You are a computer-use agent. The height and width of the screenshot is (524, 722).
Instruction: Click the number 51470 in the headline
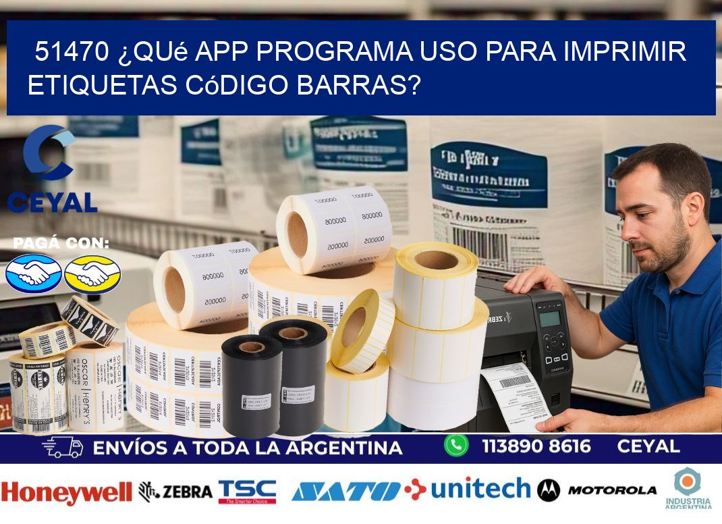[x=70, y=51]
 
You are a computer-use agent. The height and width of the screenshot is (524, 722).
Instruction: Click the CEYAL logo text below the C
[x=52, y=201]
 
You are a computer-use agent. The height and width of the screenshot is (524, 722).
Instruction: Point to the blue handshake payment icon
[x=33, y=273]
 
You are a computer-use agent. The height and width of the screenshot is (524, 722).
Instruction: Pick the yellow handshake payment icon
[x=92, y=273]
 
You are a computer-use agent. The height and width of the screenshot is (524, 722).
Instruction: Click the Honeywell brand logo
[x=66, y=493]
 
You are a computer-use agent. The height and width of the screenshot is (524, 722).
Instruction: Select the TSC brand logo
[x=247, y=492]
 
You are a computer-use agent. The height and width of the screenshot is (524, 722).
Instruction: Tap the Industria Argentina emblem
[x=688, y=488]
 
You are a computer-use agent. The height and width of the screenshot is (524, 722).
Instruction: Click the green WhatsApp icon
[x=456, y=445]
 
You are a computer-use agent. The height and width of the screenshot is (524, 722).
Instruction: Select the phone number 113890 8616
[x=536, y=446]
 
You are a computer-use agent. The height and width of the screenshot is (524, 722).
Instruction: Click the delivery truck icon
[x=62, y=447]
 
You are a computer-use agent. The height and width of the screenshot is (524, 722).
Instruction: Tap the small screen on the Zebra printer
[x=550, y=318]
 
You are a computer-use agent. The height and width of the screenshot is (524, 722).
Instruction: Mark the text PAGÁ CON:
[x=61, y=244]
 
